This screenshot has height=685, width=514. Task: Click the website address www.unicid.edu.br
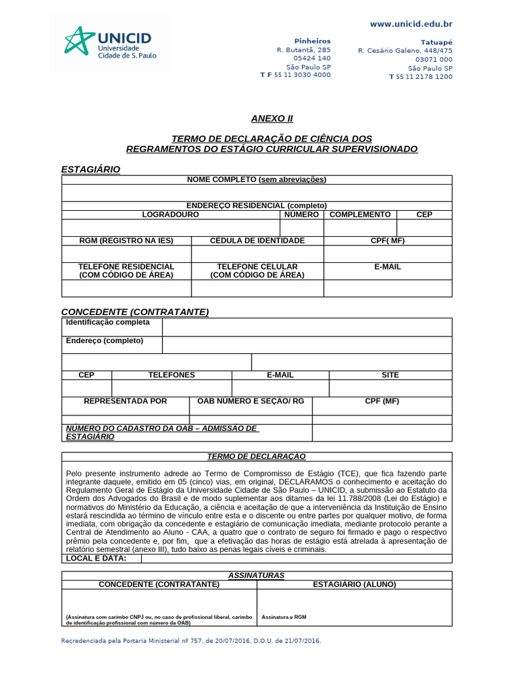(x=411, y=24)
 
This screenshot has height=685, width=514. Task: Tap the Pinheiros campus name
(x=313, y=41)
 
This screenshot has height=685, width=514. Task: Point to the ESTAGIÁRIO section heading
(x=90, y=170)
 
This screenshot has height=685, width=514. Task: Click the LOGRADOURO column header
(x=170, y=215)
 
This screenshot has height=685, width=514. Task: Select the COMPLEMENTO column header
(x=360, y=215)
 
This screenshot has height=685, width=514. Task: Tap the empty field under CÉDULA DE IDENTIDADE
(x=258, y=254)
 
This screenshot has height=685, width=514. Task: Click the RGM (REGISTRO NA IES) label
(x=126, y=241)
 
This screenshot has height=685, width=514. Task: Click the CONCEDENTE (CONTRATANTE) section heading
(x=135, y=312)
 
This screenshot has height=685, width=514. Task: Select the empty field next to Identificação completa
(x=307, y=327)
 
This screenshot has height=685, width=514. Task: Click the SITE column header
(x=390, y=375)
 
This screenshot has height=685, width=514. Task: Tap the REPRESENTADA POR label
(x=125, y=401)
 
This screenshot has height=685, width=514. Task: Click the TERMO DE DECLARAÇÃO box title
(x=256, y=456)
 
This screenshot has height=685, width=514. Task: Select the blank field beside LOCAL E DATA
(x=296, y=559)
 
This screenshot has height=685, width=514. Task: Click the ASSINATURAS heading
(x=256, y=575)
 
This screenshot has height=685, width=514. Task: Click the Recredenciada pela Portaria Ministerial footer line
(x=191, y=641)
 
